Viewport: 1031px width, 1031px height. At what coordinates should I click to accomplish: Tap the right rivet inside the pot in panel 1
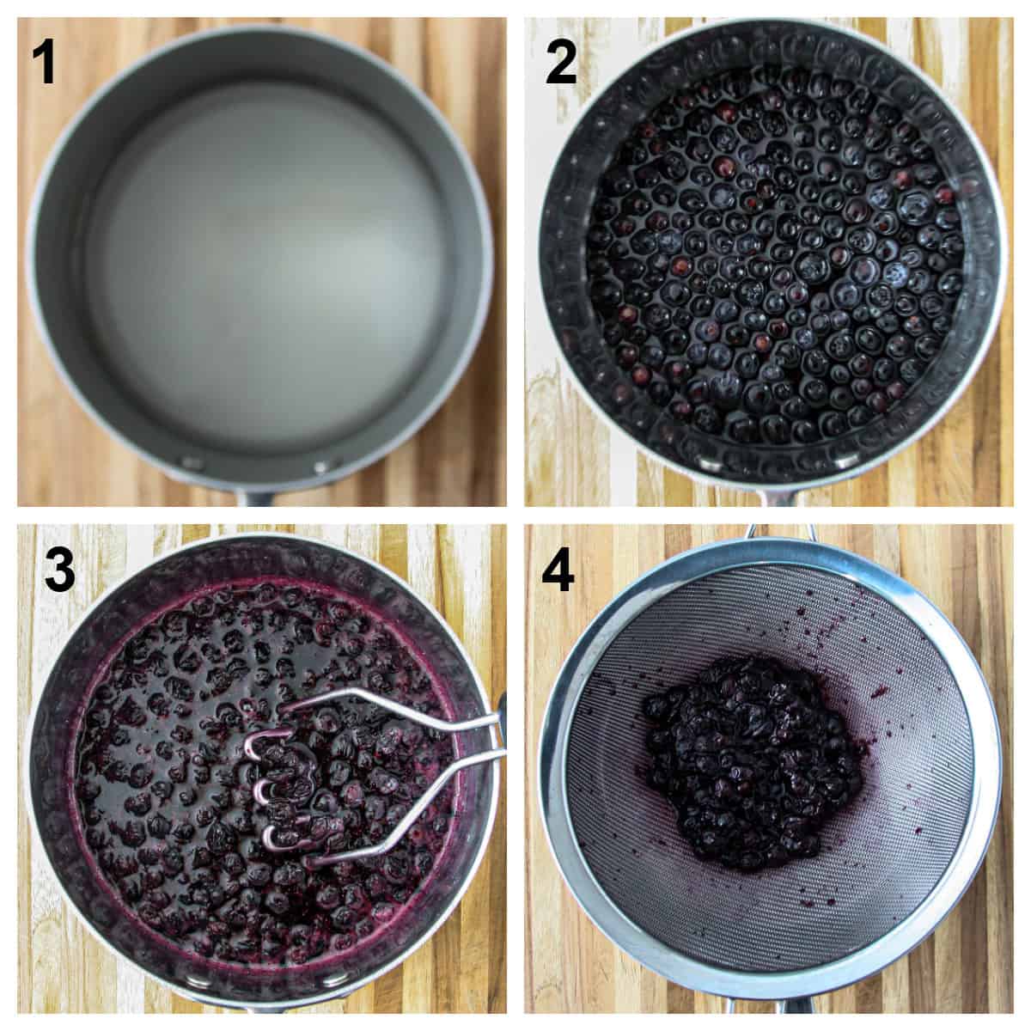325,467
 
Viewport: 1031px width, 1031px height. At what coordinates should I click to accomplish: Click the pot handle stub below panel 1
258,497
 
